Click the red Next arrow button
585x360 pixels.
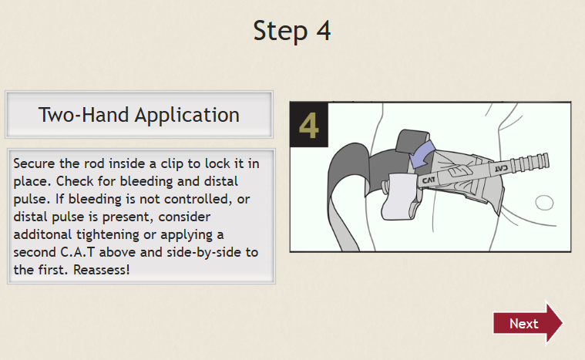point(527,323)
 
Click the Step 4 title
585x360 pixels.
point(292,31)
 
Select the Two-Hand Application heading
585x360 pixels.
point(139,115)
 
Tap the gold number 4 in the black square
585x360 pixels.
point(309,126)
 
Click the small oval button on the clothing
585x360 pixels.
point(544,203)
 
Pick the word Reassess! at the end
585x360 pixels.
point(102,270)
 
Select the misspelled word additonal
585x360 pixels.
point(42,234)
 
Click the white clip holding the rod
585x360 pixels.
point(399,196)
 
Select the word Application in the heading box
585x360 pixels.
point(187,116)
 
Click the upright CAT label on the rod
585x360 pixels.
point(429,181)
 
